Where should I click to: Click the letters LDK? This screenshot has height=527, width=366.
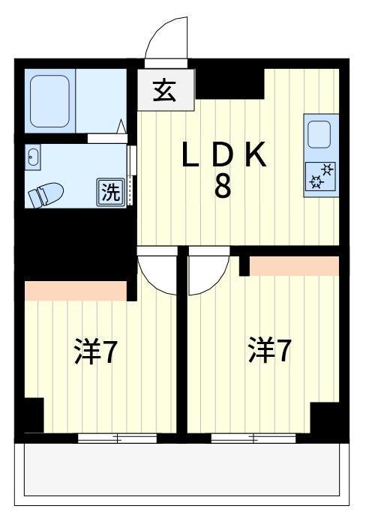tap(223, 157)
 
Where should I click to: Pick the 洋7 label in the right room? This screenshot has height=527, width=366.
tap(269, 350)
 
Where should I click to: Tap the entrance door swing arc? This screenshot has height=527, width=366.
tap(166, 39)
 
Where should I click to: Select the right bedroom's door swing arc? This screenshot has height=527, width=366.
tap(205, 270)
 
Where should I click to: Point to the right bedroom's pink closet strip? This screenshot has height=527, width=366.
tap(294, 265)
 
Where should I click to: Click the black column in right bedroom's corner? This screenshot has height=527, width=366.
tap(325, 417)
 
